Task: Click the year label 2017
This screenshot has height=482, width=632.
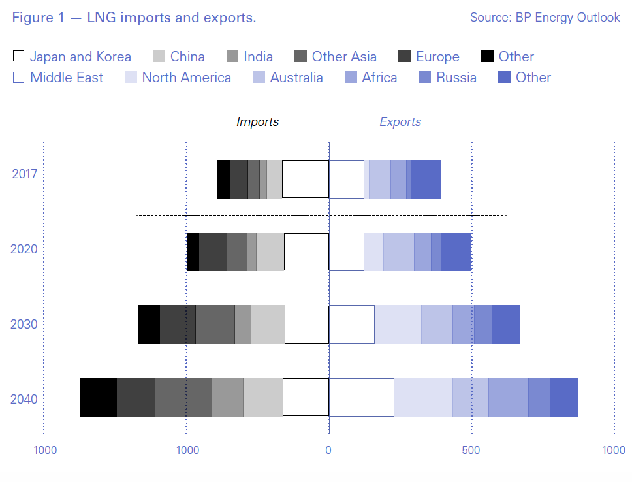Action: pos(25,174)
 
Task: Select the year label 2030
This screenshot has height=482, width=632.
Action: pos(24,325)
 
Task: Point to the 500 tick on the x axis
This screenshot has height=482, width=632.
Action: pos(471,451)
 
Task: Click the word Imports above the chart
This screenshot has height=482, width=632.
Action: pos(257,122)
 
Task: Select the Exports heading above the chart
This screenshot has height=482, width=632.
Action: pos(400,122)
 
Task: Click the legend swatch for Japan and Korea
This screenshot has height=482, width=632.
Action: pos(18,57)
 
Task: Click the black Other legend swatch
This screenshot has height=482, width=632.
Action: pos(486,57)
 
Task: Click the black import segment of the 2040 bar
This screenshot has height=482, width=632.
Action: pos(99,397)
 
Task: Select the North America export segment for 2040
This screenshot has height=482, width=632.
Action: pos(423,397)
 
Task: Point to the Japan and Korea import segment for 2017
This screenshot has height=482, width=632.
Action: pos(305,179)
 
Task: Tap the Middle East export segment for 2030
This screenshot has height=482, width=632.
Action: pos(351,324)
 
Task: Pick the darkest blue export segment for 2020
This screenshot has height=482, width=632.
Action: pos(456,251)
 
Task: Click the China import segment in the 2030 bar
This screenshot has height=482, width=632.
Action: pos(268,324)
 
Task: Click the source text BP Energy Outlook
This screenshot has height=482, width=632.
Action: pos(545,18)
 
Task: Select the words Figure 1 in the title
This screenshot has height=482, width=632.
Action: pos(37,18)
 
